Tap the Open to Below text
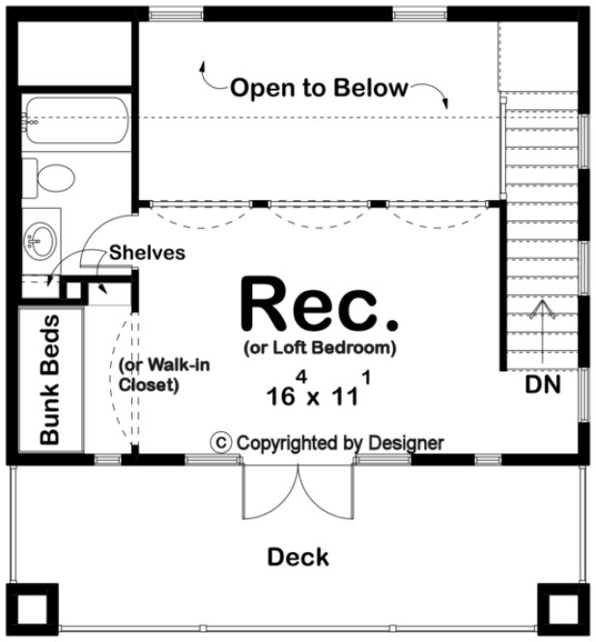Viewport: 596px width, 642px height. coord(319,88)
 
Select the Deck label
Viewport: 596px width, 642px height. coord(298,557)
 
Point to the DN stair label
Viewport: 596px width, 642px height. coord(544,383)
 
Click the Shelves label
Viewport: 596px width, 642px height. coord(147,252)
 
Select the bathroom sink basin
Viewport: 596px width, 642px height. coord(41,236)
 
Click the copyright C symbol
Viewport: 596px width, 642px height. coord(222,442)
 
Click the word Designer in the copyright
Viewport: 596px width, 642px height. coord(407,443)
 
